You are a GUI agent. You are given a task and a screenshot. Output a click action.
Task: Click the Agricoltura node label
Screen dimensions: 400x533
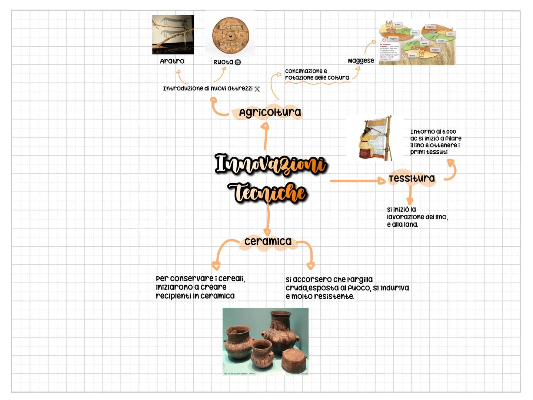270,112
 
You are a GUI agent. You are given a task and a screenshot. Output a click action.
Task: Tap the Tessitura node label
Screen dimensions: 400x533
412,179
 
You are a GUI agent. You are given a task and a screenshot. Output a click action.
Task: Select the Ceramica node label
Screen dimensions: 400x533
268,241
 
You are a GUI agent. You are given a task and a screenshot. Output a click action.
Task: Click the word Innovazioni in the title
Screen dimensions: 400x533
271,164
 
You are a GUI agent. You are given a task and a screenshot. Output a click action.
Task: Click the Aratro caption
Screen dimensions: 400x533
172,61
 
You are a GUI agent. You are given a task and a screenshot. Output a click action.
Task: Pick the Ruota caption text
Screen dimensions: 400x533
223,62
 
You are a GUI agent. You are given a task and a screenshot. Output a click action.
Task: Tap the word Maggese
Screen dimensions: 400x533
361,61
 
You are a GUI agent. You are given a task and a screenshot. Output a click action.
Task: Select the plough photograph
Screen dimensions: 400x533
173,34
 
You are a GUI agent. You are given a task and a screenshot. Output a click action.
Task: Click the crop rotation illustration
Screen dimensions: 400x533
417,42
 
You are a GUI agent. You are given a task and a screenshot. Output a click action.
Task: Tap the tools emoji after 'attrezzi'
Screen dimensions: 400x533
257,89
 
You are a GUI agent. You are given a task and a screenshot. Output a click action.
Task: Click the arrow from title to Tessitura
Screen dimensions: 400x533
357,181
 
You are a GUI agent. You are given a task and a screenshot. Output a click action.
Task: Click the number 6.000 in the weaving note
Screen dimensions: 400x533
449,132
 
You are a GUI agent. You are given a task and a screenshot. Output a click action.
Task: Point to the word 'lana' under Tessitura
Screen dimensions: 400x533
410,224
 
